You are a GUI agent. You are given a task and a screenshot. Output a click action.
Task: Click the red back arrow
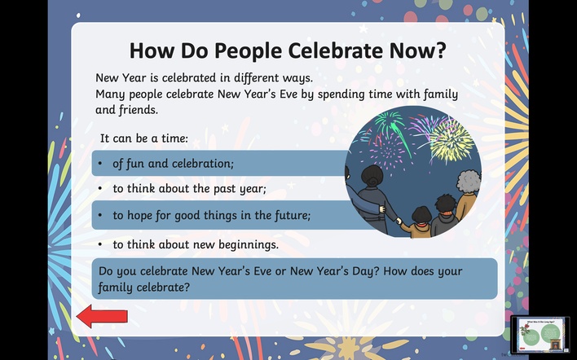(x=102, y=316)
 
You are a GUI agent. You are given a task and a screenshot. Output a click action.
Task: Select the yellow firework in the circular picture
(x=451, y=142)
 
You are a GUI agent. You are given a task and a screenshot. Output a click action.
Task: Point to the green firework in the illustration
(x=390, y=127)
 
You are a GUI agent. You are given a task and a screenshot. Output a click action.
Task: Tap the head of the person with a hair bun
(x=372, y=177)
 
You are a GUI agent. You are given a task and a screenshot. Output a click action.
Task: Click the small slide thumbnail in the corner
(x=540, y=335)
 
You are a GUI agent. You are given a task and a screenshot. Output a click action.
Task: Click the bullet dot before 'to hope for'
(x=100, y=215)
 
